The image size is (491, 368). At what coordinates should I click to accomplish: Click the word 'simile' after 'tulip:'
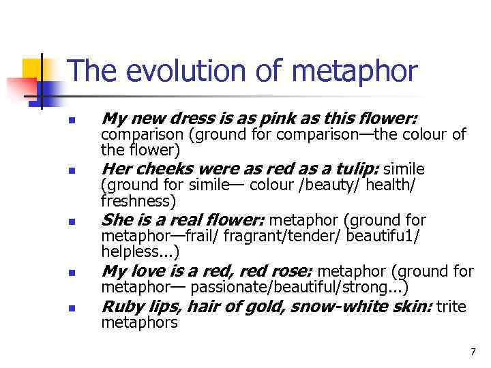pyautogui.click(x=404, y=168)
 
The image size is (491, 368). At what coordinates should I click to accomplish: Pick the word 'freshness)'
pyautogui.click(x=138, y=202)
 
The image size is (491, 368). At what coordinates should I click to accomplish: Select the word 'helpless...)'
pyautogui.click(x=140, y=252)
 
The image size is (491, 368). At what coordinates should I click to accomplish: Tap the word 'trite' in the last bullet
pyautogui.click(x=451, y=307)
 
